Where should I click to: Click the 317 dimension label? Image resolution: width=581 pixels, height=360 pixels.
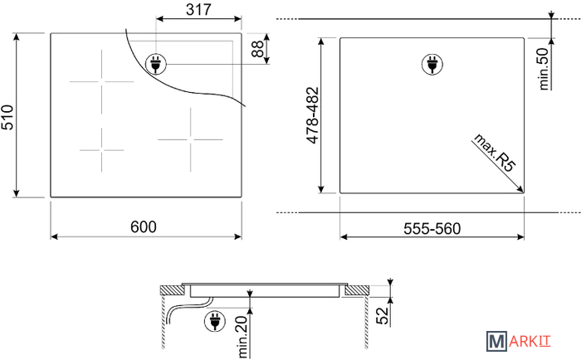[198, 9]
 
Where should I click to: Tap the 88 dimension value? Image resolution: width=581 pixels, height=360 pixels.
[258, 48]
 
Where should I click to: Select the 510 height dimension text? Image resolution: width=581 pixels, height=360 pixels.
[7, 118]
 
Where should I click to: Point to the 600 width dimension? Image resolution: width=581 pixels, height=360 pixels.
[144, 226]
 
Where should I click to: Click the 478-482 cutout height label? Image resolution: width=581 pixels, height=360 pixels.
[313, 115]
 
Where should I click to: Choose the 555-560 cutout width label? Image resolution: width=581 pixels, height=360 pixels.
[432, 228]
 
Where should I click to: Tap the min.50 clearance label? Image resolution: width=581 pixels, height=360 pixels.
[543, 69]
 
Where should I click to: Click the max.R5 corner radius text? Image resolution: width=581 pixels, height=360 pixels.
[495, 153]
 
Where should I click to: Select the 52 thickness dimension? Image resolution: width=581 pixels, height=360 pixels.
[383, 316]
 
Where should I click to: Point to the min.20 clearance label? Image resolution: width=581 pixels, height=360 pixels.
[242, 337]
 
